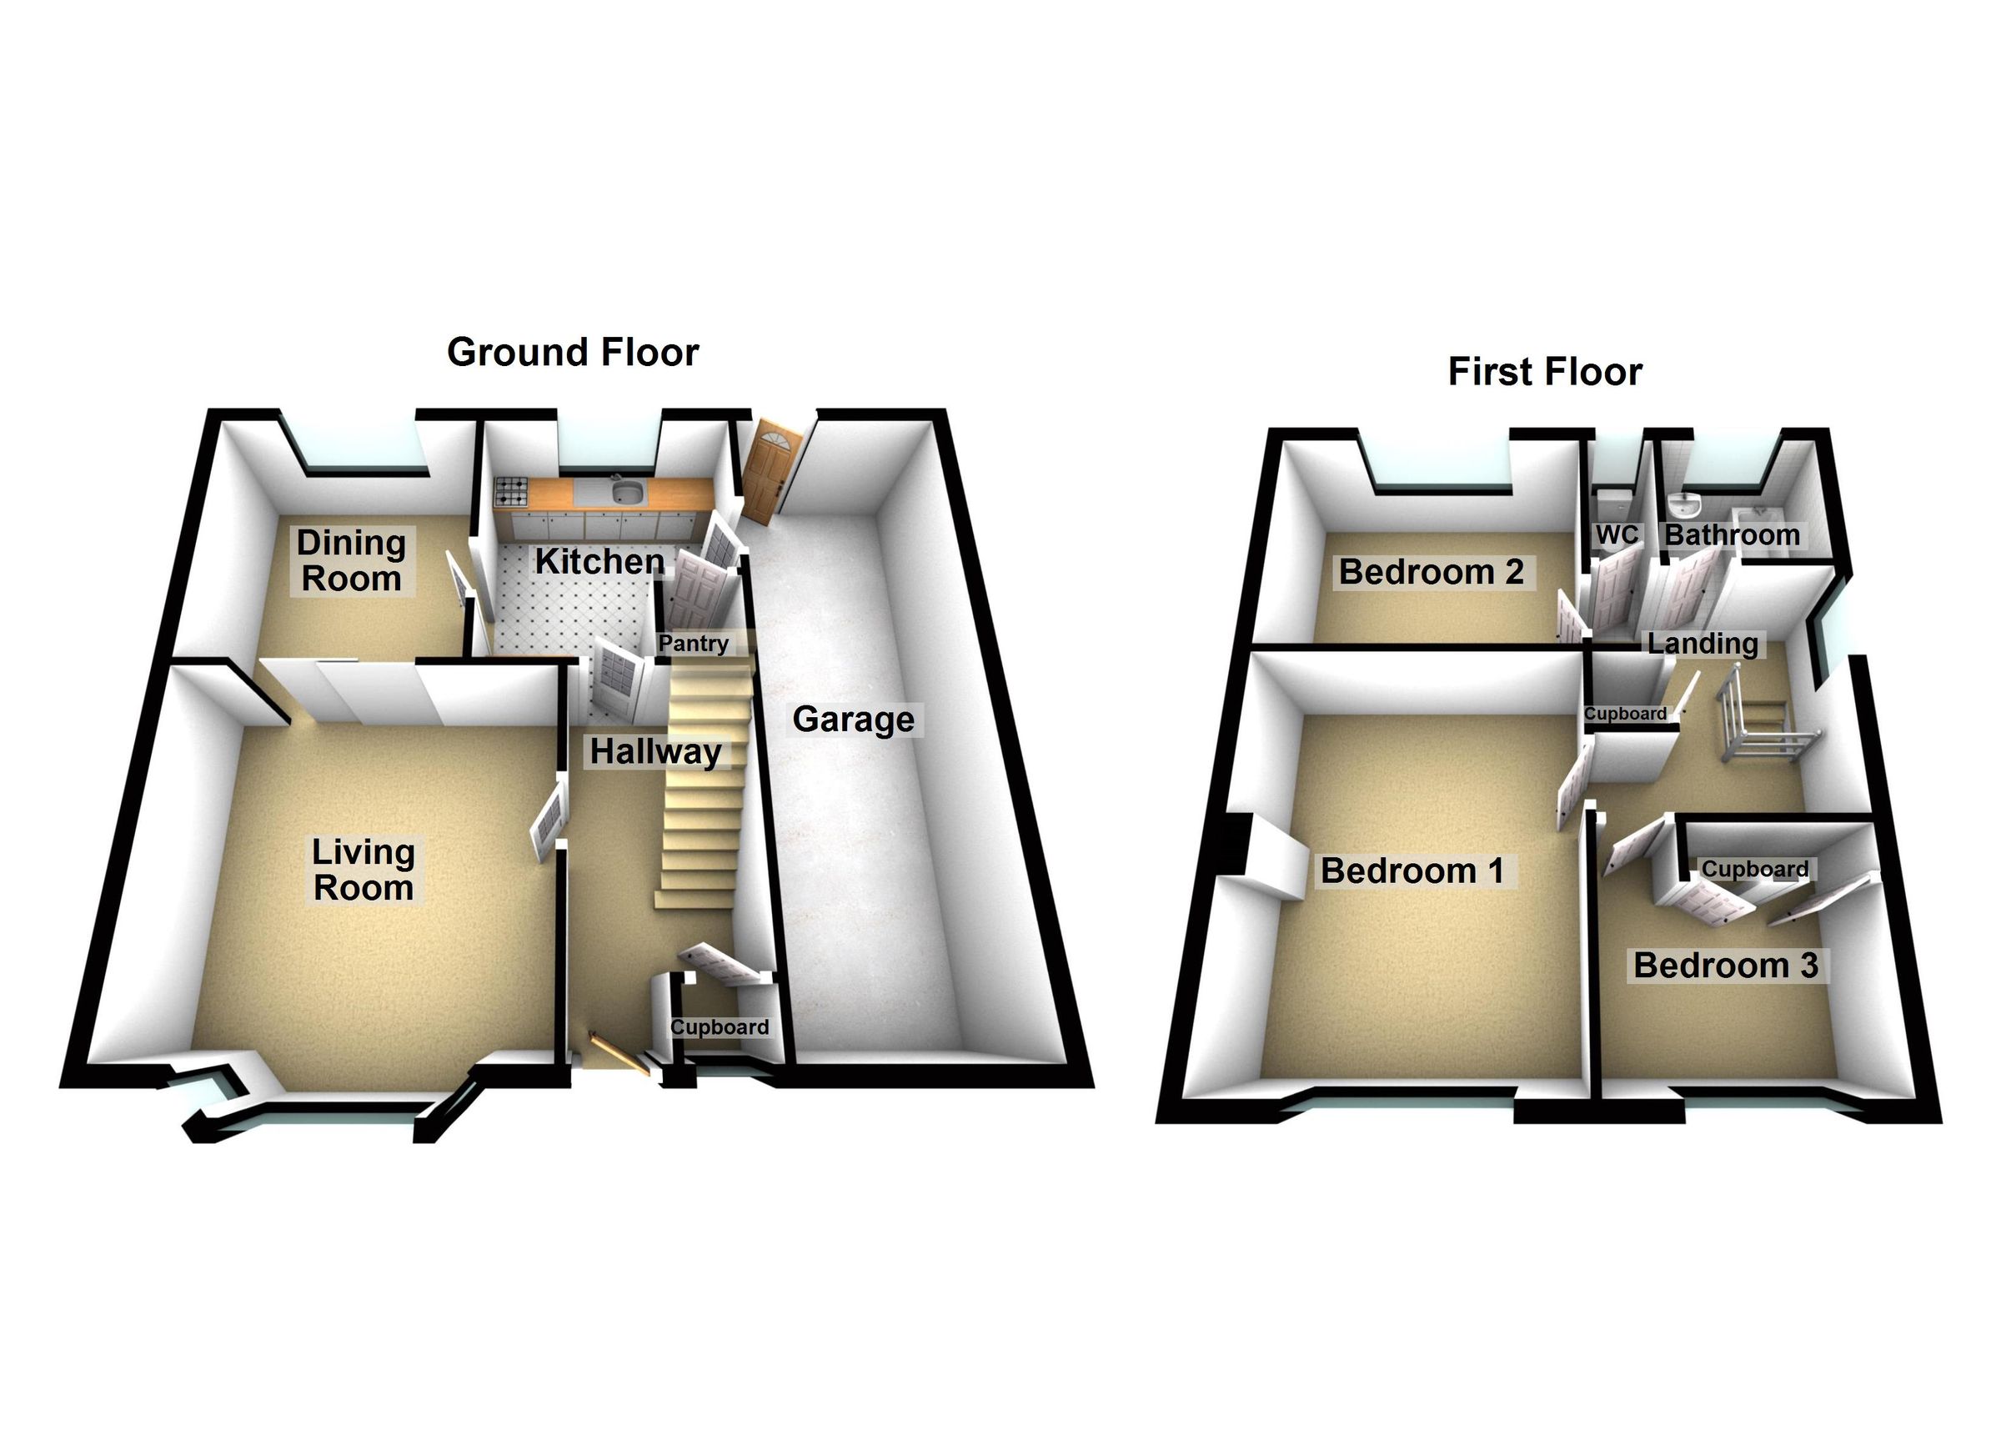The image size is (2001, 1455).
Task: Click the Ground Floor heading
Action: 573,352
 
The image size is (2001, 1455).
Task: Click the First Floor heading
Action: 1544,372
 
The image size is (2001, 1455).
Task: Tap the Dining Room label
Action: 351,561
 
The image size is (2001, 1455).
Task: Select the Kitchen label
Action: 599,561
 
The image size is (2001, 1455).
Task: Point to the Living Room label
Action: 364,869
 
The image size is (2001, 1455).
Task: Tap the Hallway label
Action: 655,752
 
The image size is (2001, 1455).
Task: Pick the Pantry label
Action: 694,643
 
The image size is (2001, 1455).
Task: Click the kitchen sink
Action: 627,491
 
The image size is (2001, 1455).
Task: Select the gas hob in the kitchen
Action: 512,491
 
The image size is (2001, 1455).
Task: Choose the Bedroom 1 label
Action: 1412,870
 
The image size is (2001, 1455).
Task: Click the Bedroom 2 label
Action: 1431,572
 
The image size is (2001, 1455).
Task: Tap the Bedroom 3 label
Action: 1725,966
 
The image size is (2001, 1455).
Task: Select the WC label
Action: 1617,534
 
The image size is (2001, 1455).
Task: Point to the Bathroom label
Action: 1731,534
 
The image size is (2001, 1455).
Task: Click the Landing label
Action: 1702,643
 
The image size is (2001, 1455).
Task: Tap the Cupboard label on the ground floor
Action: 719,1027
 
